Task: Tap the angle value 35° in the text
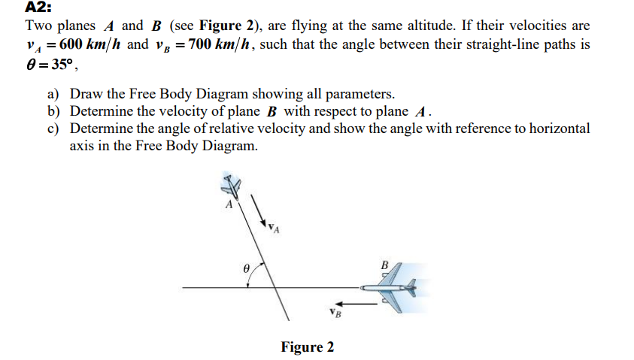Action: coord(35,62)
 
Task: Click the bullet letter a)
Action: coord(53,95)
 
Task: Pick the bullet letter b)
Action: coord(53,111)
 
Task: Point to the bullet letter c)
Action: coord(53,129)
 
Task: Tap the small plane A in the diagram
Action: coord(231,186)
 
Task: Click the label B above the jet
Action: coord(386,265)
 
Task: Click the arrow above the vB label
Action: coord(361,304)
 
